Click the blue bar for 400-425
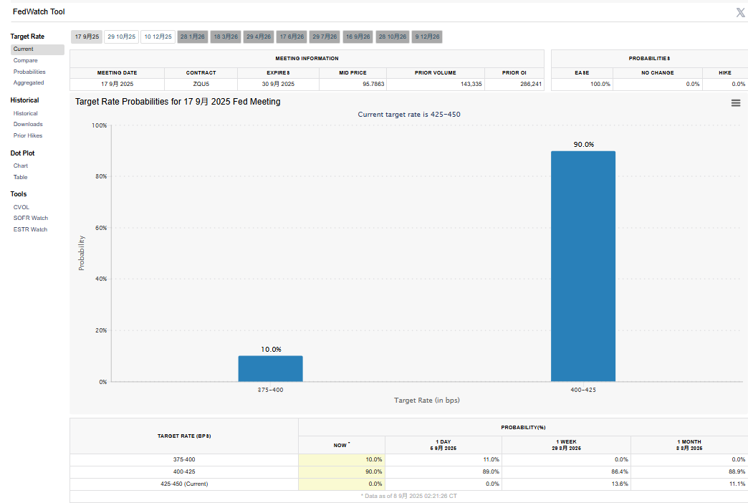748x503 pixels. pos(582,266)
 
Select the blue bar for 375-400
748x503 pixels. pos(270,368)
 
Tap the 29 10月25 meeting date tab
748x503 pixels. pos(121,37)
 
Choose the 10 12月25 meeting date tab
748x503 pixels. pos(158,37)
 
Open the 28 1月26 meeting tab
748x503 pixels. pos(192,37)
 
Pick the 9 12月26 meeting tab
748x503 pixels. pos(427,37)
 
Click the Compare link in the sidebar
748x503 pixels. pos(25,61)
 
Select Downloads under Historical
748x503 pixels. pos(28,125)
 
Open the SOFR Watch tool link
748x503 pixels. pos(30,218)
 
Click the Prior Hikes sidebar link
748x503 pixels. pos(28,135)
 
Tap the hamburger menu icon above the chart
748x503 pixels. pos(736,103)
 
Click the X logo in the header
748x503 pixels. pos(740,12)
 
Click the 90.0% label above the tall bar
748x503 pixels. pos(583,145)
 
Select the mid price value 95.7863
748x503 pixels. pos(369,85)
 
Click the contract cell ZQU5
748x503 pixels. pos(201,85)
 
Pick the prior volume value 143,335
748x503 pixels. pos(466,85)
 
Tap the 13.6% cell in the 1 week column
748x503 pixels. pos(619,484)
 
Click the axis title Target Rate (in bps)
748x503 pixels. pos(426,401)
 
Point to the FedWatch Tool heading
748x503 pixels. pos(39,12)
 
